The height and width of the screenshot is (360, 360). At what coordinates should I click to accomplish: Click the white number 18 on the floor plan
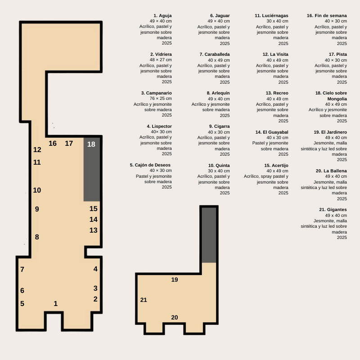coord(91,144)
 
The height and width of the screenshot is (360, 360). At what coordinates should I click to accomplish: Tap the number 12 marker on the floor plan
coord(37,150)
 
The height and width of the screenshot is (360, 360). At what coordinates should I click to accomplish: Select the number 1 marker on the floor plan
coord(55,303)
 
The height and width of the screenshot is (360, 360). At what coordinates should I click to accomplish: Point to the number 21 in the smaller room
coord(144,300)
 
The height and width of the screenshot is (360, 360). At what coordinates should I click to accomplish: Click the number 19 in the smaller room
coord(175,279)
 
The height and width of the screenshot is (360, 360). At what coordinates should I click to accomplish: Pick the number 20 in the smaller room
coord(175,317)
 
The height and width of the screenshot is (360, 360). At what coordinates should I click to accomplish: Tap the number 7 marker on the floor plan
coord(22,269)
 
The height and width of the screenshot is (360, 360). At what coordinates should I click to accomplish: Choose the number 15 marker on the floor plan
coord(94,208)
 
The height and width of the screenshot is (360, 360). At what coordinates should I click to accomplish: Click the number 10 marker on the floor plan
coord(37,190)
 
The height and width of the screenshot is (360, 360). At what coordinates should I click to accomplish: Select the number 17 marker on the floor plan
coord(69,143)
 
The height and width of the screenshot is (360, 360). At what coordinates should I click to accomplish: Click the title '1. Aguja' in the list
coord(162,16)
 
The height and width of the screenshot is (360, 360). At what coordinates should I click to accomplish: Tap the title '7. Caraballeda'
coord(215,54)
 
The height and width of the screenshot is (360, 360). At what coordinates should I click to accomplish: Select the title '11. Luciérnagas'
coord(271,16)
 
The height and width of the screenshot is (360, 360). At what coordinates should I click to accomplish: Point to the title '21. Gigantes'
coord(333,210)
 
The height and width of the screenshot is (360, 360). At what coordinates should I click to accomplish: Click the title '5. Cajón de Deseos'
coord(150,165)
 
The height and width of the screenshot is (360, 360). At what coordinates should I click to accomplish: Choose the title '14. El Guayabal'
coord(272,132)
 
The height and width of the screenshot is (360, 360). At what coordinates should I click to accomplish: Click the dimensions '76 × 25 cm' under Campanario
coord(161,99)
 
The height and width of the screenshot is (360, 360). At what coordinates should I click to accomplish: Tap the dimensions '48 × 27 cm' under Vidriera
coord(161,60)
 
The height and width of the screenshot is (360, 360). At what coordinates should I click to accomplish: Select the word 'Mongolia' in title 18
coord(337,99)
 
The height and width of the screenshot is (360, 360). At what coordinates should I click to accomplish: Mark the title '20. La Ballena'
coord(331,171)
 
